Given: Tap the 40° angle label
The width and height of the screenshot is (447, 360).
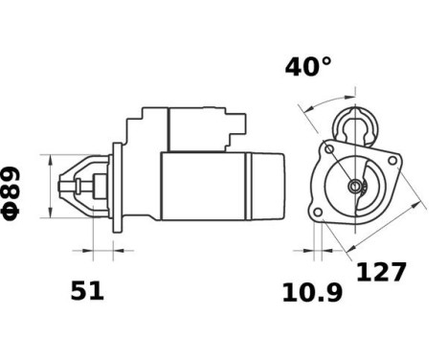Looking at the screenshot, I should [308, 67].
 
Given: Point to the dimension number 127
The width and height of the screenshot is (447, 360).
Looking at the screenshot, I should [381, 272].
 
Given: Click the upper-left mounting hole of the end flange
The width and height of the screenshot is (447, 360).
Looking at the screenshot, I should [330, 149].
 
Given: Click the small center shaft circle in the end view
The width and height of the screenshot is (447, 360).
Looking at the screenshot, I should [356, 185].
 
